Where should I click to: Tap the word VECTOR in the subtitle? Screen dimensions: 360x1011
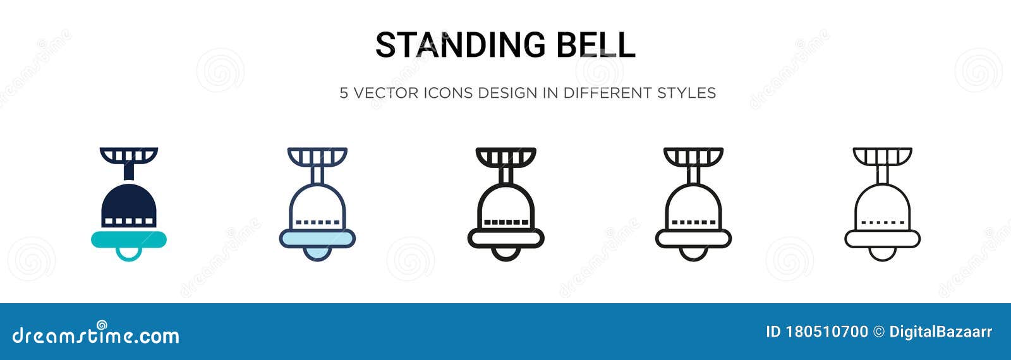tap(386, 93)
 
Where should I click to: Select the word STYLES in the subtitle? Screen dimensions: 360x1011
tap(686, 93)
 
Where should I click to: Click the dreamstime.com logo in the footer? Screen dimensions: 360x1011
tap(96, 335)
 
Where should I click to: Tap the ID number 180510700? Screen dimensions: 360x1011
tap(827, 332)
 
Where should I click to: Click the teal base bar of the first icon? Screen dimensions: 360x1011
tap(129, 238)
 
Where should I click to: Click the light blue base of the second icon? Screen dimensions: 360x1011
tap(317, 238)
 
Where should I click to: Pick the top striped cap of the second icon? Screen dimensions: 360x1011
tap(317, 155)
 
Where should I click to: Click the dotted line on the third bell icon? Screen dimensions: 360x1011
tap(505, 222)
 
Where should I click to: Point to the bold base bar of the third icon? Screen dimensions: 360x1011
tap(505, 238)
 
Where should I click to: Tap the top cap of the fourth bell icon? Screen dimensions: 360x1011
tap(693, 155)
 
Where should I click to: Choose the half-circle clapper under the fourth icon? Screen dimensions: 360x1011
tap(693, 253)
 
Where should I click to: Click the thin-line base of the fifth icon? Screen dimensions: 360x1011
tap(882, 238)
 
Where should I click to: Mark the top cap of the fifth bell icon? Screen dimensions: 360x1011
tap(882, 155)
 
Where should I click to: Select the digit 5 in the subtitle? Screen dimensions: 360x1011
tap(344, 93)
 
